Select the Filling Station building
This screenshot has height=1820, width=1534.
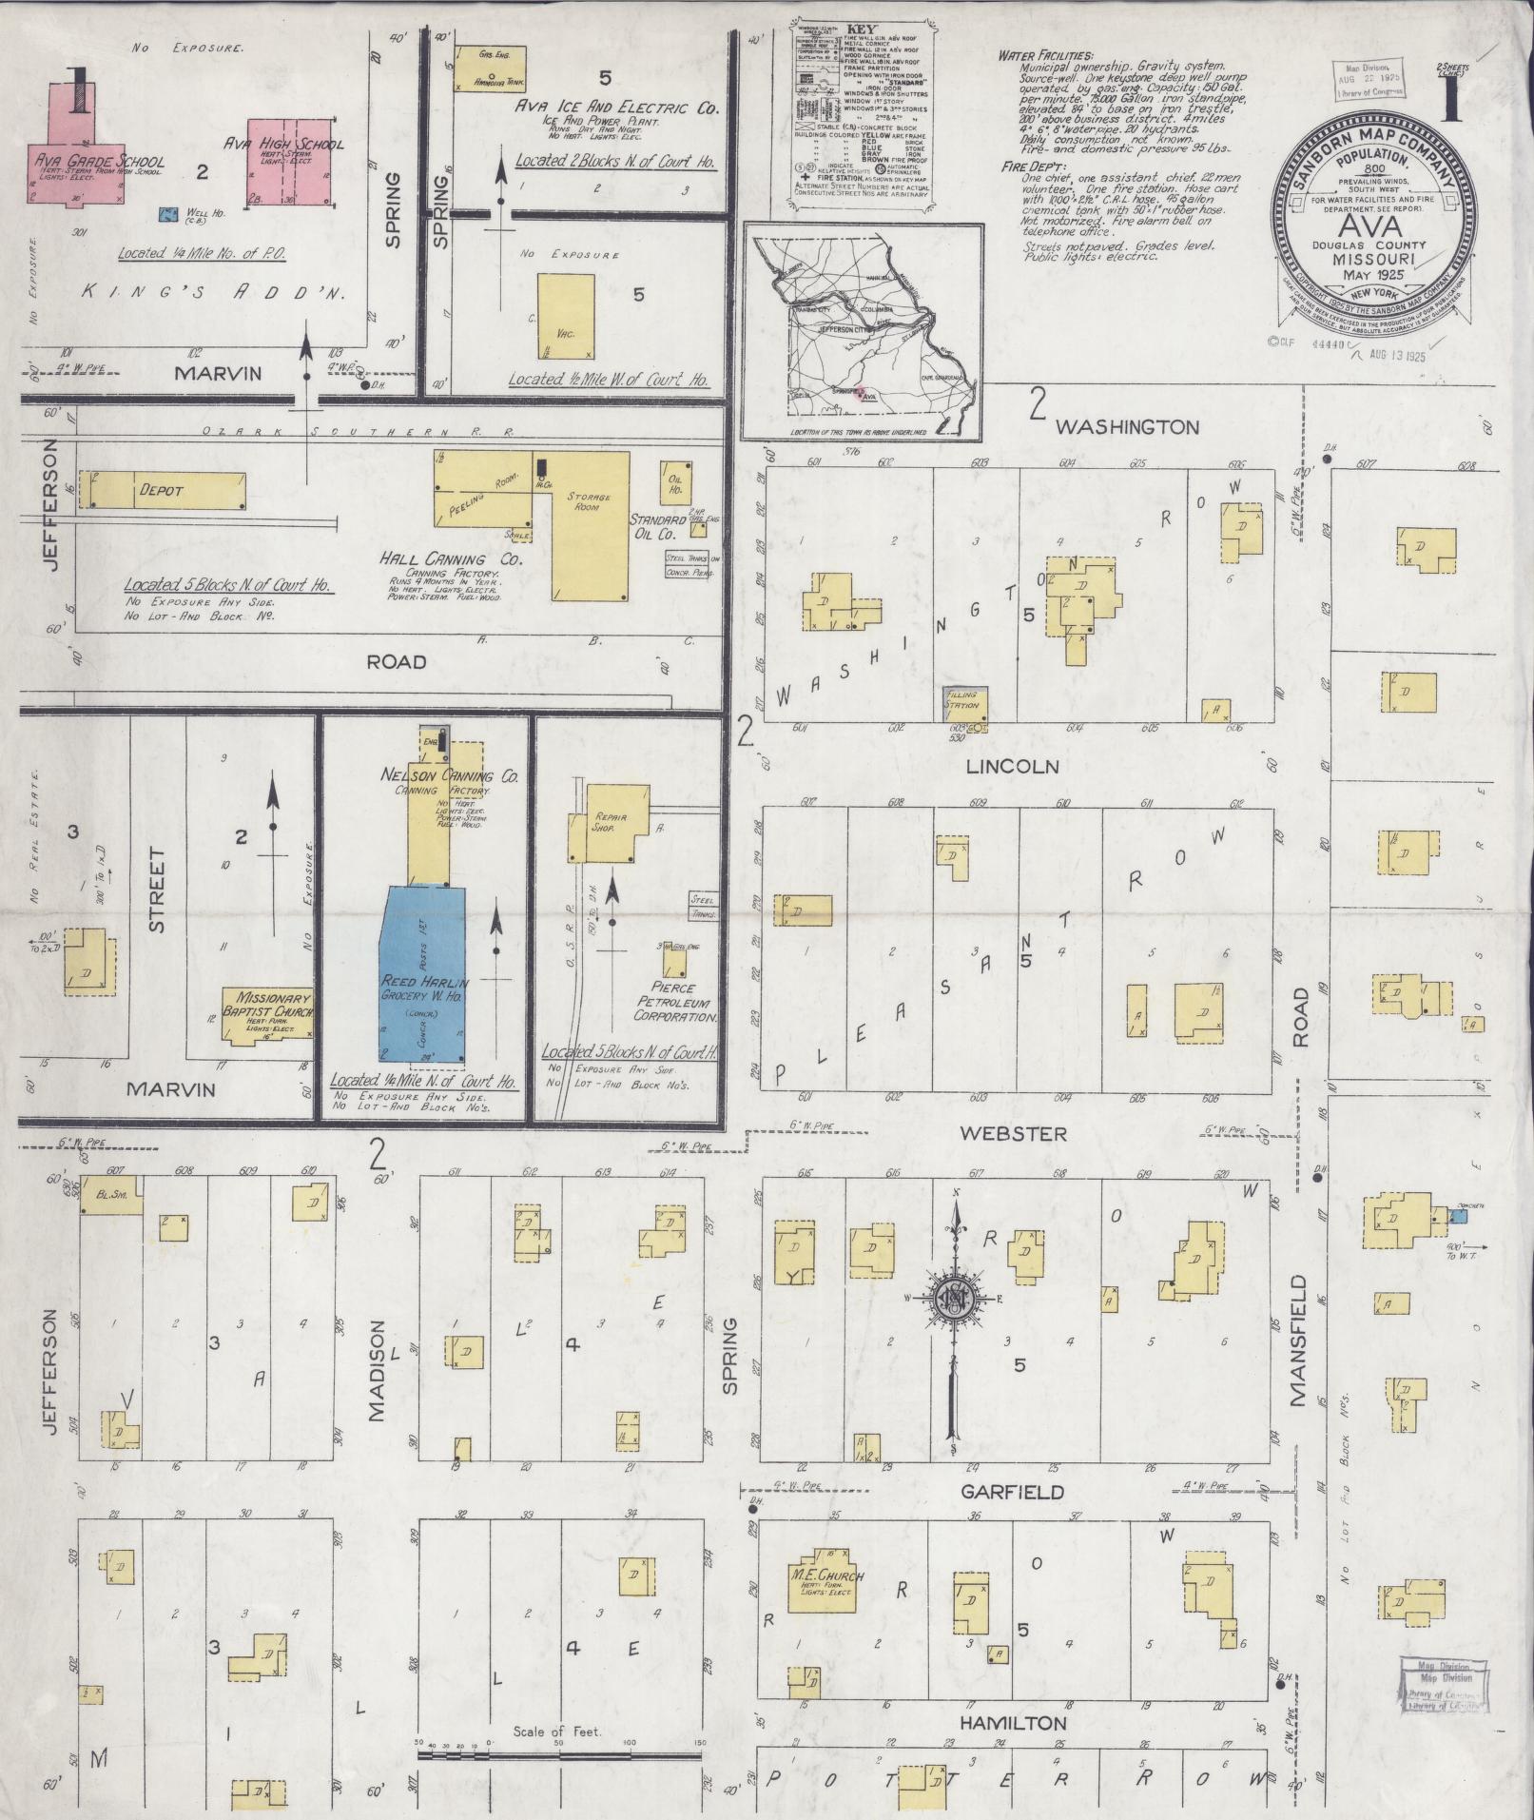coord(965,703)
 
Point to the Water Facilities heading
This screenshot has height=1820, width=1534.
coord(1045,56)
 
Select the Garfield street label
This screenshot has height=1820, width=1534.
coord(1011,1493)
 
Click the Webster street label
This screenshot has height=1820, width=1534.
coord(1013,1133)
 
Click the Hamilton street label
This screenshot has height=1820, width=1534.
coord(1012,1723)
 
